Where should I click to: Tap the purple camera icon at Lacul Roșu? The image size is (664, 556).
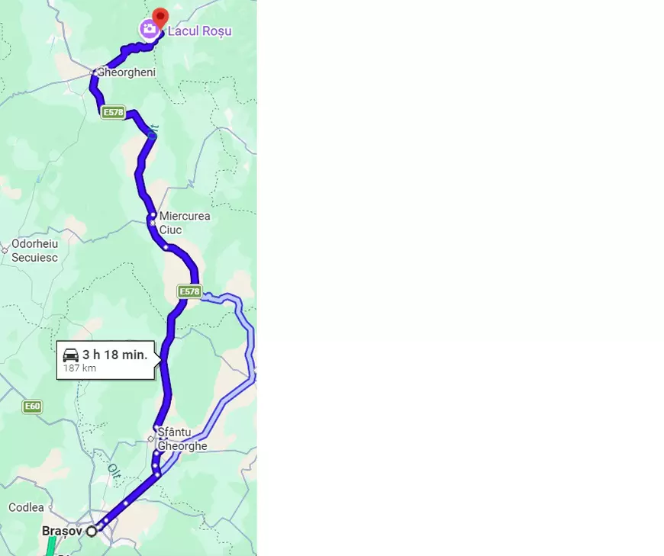pyautogui.click(x=148, y=30)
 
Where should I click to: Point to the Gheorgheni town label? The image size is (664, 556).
pyautogui.click(x=127, y=72)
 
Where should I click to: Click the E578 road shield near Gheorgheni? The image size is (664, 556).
pyautogui.click(x=112, y=113)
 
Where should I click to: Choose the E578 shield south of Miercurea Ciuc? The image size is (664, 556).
pyautogui.click(x=189, y=291)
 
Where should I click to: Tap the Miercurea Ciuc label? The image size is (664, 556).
pyautogui.click(x=184, y=223)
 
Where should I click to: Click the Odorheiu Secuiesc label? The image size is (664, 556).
pyautogui.click(x=34, y=251)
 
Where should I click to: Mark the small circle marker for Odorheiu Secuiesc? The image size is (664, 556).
pyautogui.click(x=5, y=249)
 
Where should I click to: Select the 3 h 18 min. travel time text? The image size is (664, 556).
pyautogui.click(x=114, y=355)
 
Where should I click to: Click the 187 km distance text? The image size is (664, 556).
pyautogui.click(x=79, y=368)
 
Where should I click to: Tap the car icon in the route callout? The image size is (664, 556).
pyautogui.click(x=71, y=355)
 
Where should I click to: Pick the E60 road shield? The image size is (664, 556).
pyautogui.click(x=31, y=407)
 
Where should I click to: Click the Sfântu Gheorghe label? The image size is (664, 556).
pyautogui.click(x=182, y=439)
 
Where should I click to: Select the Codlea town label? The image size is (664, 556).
pyautogui.click(x=26, y=507)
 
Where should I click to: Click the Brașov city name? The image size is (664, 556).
pyautogui.click(x=62, y=530)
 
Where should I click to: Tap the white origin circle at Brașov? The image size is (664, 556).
pyautogui.click(x=92, y=531)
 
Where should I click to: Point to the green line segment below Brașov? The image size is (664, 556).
pyautogui.click(x=50, y=546)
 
